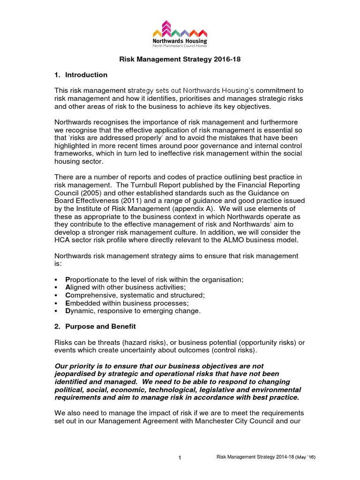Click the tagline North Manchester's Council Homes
[x=180, y=46]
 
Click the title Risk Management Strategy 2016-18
[x=180, y=60]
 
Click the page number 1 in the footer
[x=180, y=458]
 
